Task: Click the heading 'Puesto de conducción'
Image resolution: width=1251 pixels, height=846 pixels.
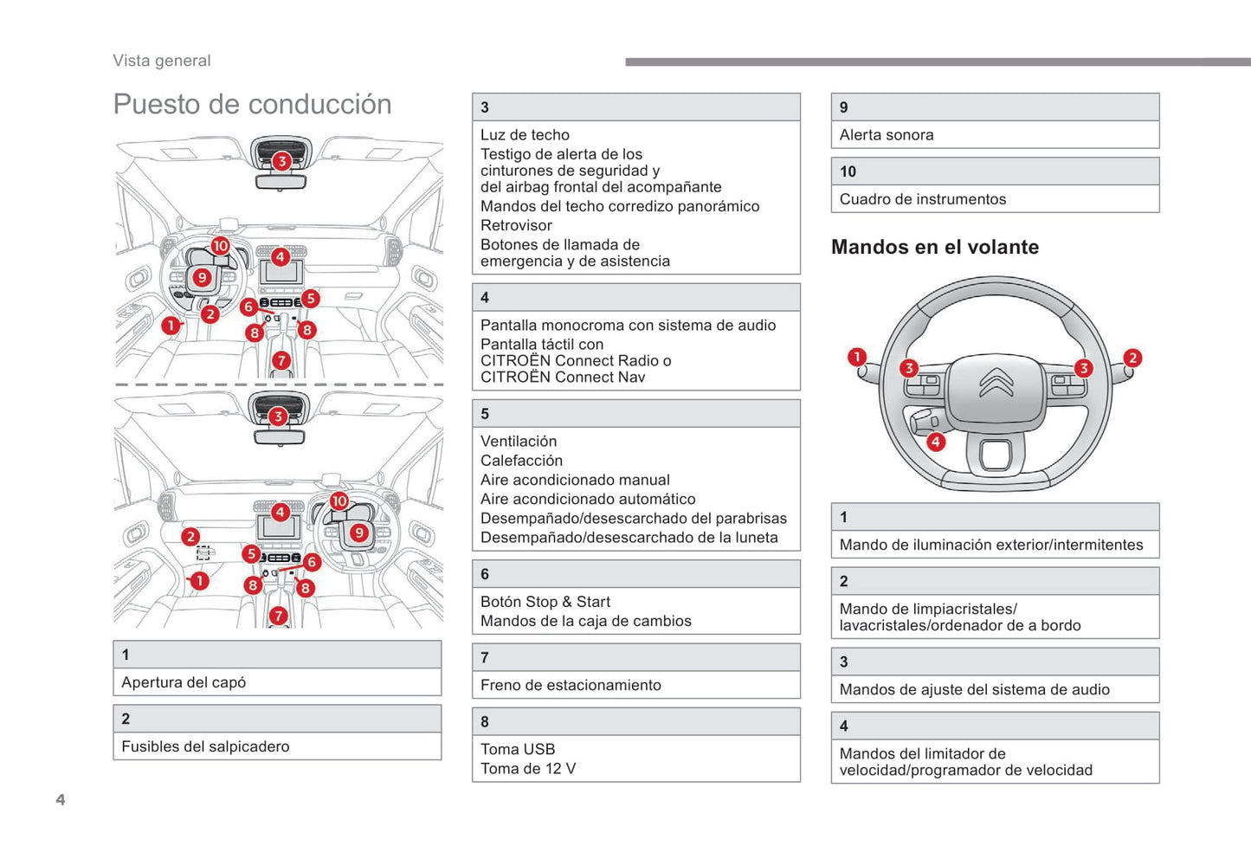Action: [x=252, y=105]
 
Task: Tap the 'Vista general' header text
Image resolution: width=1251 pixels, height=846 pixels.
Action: [x=162, y=61]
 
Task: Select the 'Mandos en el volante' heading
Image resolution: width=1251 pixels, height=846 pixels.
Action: [x=935, y=248]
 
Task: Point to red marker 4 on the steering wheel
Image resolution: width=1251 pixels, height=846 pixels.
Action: [x=936, y=442]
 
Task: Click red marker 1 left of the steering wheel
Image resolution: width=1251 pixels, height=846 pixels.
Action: [x=857, y=357]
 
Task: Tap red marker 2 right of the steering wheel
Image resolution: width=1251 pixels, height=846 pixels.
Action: [x=1132, y=358]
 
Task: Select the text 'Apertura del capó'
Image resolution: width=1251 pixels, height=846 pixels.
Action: [x=184, y=682]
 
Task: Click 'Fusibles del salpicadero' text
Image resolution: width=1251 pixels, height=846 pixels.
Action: [x=205, y=746]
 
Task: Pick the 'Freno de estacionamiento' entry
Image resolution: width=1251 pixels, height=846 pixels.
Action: [x=571, y=685]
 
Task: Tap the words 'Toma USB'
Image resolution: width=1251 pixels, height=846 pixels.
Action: [x=518, y=749]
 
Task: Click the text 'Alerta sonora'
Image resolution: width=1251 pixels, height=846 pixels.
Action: [x=887, y=135]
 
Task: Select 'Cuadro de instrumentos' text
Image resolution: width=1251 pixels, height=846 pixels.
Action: [x=923, y=199]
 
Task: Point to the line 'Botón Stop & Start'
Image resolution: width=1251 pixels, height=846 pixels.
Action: [x=545, y=602]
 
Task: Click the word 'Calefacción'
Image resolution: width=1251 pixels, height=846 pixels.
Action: [x=521, y=461]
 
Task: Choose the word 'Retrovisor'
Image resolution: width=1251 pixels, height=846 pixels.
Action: [x=516, y=225]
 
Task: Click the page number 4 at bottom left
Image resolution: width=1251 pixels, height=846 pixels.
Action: [x=61, y=799]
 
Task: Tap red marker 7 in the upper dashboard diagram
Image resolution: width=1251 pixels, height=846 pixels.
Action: [x=281, y=360]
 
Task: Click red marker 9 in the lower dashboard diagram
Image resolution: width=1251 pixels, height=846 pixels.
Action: [x=358, y=533]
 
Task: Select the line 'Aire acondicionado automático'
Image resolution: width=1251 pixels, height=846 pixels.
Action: [x=588, y=499]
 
